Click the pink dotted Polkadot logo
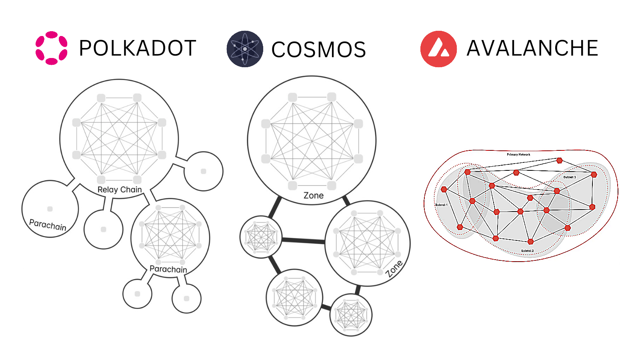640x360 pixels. tap(51, 48)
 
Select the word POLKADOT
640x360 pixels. tap(138, 48)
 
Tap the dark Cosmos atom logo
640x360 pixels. tap(245, 49)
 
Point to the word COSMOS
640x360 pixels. tap(318, 50)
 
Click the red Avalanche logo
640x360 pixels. tap(438, 49)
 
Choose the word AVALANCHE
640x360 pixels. tap(532, 48)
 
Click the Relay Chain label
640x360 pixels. tap(120, 190)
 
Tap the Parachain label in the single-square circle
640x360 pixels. tap(48, 225)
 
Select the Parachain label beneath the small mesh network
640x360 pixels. tap(168, 269)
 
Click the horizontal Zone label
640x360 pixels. tap(314, 196)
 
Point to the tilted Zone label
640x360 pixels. tap(394, 268)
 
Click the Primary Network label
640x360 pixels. tap(518, 154)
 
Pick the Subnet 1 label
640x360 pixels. tap(441, 205)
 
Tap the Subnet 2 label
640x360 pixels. tap(527, 251)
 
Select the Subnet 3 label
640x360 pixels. tap(570, 177)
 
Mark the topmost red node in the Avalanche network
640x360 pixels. tap(560, 160)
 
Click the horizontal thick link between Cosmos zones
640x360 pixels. tap(303, 241)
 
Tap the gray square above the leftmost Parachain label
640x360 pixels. tap(50, 209)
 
